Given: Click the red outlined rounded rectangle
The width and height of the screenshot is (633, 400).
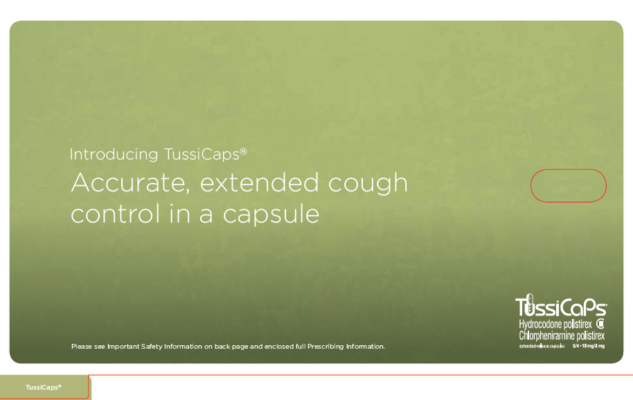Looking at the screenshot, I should [568, 186].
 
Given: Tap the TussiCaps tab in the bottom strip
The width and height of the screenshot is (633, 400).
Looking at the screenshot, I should [44, 387].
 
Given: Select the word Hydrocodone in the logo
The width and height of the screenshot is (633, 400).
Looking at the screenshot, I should [542, 324].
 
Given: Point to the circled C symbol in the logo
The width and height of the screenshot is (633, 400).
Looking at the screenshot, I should [600, 324].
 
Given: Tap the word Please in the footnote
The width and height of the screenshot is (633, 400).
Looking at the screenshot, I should [82, 346].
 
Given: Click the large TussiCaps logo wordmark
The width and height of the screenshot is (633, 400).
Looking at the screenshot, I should [561, 307].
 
